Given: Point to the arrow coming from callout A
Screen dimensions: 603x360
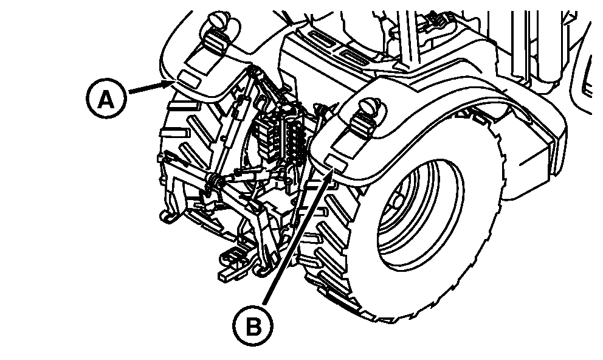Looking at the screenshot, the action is (x=151, y=86).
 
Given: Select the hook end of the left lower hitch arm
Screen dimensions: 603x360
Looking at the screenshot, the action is (x=168, y=216).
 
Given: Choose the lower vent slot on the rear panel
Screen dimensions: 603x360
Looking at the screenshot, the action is (x=355, y=58).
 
